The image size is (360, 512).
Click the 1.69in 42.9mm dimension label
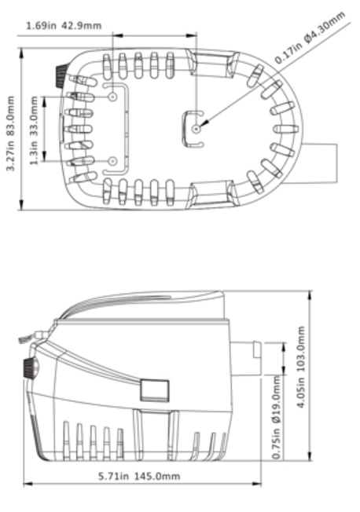[x=64, y=25]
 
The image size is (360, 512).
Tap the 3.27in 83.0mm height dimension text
[x=11, y=133]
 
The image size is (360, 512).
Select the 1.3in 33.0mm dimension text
[x=34, y=130]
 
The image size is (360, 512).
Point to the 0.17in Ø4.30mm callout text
[x=310, y=37]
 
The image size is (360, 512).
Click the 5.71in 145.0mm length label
[x=139, y=476]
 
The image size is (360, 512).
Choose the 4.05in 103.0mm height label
[x=301, y=367]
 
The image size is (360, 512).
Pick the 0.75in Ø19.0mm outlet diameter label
[x=277, y=417]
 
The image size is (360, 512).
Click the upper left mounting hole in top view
[x=113, y=97]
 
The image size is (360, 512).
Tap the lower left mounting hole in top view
[x=113, y=161]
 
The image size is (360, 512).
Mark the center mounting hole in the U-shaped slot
[x=197, y=129]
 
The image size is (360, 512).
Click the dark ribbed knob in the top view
[x=61, y=76]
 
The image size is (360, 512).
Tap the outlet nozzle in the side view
[x=246, y=359]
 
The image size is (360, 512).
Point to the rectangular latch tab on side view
[x=155, y=390]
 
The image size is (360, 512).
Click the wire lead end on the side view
[x=24, y=339]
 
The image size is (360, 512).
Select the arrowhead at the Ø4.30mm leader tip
[x=204, y=124]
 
